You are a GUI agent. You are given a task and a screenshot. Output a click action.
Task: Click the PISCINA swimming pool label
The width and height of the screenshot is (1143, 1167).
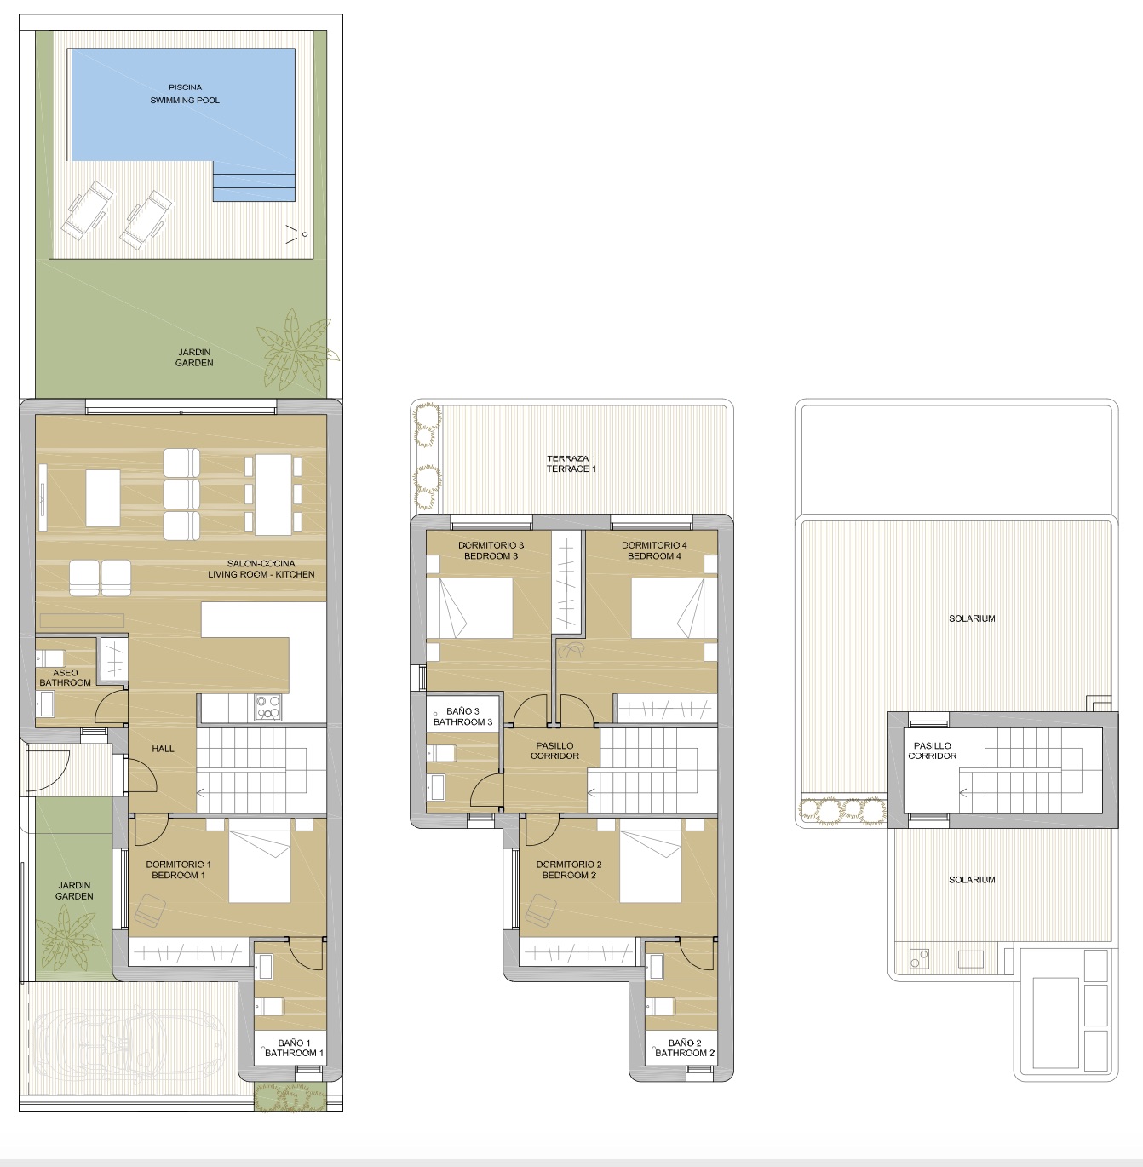[x=185, y=94]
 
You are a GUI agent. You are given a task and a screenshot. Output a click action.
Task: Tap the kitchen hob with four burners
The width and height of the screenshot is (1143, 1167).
[x=267, y=707]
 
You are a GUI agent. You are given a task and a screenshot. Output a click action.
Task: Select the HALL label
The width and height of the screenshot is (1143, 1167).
[x=163, y=749]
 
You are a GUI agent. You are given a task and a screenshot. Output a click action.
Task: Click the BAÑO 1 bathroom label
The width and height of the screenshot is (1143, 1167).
[x=295, y=1048]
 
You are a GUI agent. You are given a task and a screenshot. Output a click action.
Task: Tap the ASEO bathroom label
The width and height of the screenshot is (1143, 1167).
[x=65, y=678]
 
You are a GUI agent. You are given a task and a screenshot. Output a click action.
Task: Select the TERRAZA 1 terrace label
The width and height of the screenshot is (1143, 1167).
[x=571, y=464]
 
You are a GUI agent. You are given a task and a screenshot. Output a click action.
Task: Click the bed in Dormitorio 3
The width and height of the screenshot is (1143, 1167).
[x=469, y=608]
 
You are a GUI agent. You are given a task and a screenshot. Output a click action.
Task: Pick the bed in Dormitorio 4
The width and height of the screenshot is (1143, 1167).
[x=668, y=608]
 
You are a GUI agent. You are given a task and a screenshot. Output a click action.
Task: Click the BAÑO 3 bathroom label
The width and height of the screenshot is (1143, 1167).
[x=462, y=716]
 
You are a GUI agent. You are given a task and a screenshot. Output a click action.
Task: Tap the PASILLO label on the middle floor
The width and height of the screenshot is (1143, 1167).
[x=554, y=745]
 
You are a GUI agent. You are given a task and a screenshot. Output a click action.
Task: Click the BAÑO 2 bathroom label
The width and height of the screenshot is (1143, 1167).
[x=685, y=1048]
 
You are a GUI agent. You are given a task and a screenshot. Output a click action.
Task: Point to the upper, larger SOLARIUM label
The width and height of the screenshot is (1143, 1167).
[x=972, y=618]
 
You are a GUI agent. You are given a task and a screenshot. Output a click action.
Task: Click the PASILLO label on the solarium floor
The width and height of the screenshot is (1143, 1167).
[x=933, y=745]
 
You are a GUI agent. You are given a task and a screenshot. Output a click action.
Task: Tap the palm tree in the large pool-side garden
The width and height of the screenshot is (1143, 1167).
[x=296, y=349]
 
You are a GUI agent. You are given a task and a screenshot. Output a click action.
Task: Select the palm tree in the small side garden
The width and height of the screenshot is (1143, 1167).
[x=66, y=940]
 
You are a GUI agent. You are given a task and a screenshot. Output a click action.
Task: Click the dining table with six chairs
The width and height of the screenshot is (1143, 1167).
[x=273, y=494]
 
